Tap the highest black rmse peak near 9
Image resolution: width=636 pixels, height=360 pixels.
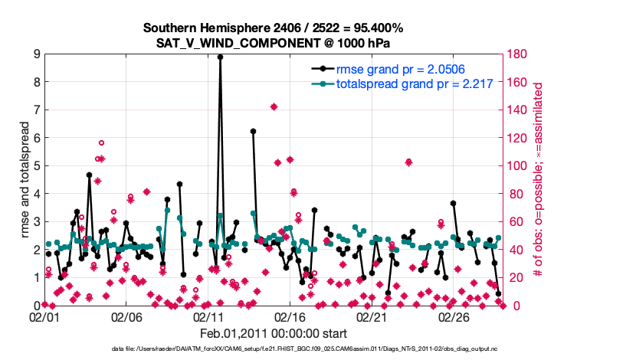[220, 57]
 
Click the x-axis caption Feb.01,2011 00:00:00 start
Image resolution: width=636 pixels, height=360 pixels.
[274, 333]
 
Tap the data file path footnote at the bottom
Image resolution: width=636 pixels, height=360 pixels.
[274, 349]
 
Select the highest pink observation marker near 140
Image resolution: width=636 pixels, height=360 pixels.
[274, 106]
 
